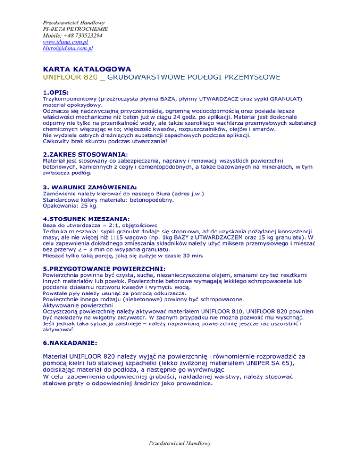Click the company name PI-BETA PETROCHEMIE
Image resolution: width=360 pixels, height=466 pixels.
click(72, 29)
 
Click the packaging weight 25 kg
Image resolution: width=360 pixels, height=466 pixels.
click(83, 205)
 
